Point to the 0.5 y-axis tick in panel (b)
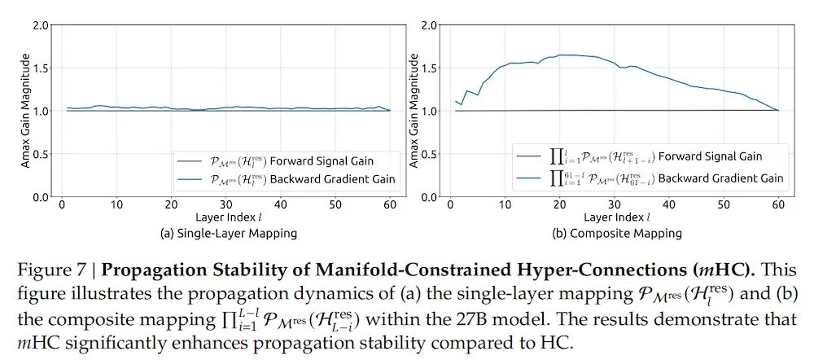(x=429, y=154)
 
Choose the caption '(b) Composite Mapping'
(x=616, y=233)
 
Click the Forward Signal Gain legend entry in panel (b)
(x=651, y=156)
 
